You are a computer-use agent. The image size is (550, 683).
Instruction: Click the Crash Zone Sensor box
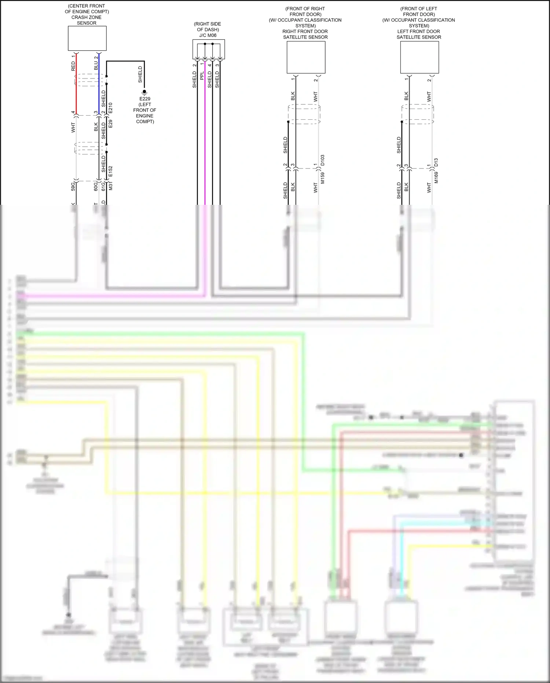pos(87,38)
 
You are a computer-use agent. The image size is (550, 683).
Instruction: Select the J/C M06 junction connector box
pos(208,49)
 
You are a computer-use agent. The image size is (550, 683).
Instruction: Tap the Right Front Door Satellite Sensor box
pos(306,57)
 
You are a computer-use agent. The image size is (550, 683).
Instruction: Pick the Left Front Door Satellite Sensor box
pos(419,57)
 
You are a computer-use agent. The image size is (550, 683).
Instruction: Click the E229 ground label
pos(144,99)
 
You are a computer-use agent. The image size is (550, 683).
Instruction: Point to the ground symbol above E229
pos(144,92)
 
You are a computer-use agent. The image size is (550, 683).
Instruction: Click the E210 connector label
pos(110,108)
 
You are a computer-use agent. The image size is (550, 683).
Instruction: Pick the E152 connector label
pos(110,171)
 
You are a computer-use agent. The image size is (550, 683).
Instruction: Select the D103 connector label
pos(323,160)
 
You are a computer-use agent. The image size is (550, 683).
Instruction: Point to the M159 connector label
pos(323,178)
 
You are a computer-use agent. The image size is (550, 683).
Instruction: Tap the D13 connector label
pos(436,162)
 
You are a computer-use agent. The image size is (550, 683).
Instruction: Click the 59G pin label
pos(73,186)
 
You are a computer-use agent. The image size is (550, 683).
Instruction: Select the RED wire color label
pos(73,66)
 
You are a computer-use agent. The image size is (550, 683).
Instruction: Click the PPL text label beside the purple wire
pos(202,76)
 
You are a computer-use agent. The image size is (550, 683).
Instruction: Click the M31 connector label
pos(110,186)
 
